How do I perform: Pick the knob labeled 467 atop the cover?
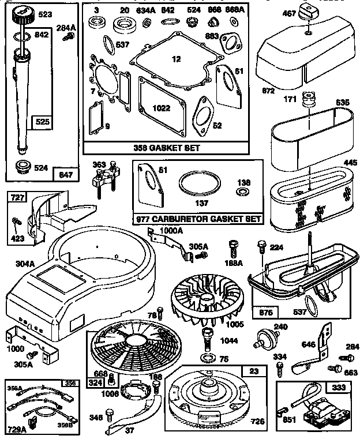click(x=309, y=16)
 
